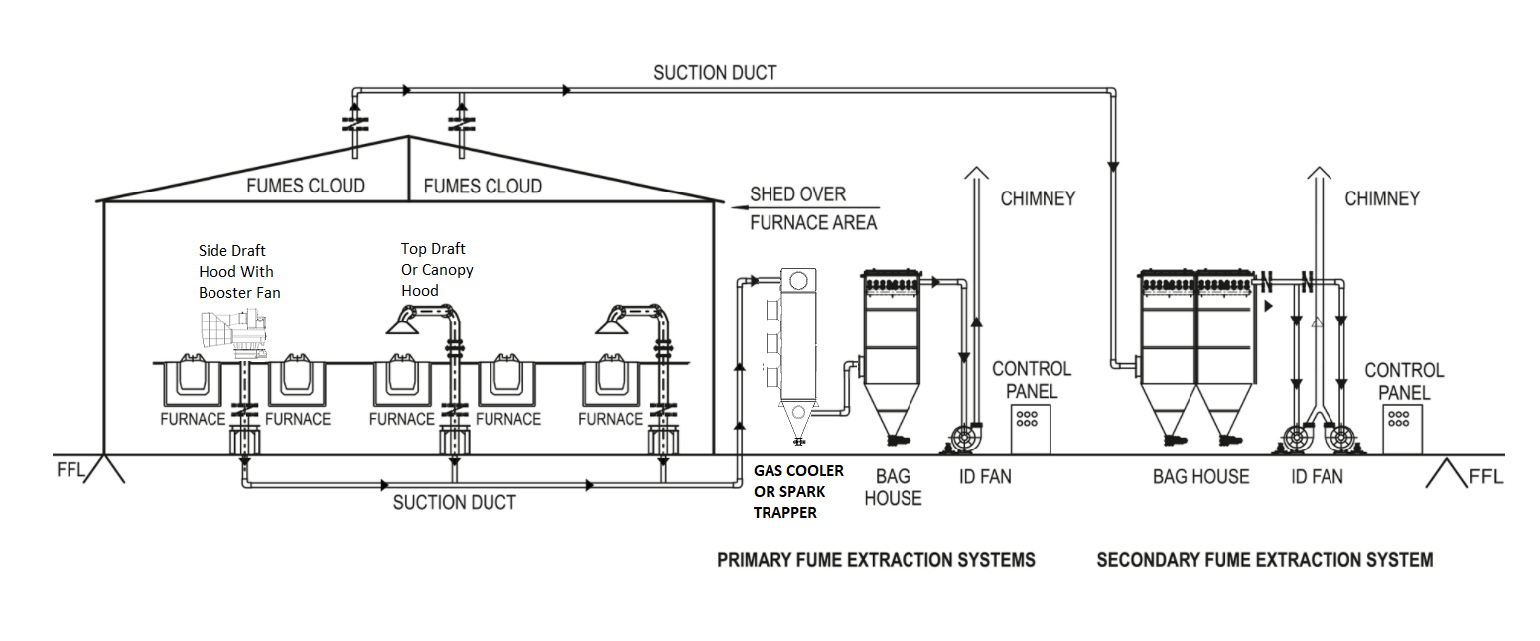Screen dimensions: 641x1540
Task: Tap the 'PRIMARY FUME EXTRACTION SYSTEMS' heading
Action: [x=876, y=560]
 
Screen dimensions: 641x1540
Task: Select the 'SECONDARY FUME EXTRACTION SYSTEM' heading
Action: [x=1264, y=560]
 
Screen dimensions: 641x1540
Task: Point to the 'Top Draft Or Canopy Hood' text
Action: [x=437, y=269]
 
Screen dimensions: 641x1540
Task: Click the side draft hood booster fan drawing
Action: [x=234, y=332]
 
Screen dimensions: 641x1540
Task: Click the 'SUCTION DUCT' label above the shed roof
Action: [x=715, y=73]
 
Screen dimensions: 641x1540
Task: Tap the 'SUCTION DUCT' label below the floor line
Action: [x=454, y=502]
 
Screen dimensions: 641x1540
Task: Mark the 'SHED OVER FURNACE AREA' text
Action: [x=812, y=208]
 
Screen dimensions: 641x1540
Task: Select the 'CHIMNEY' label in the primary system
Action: [x=1038, y=198]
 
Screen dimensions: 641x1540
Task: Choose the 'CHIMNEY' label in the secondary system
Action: [x=1381, y=198]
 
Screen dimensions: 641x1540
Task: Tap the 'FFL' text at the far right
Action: [x=1484, y=477]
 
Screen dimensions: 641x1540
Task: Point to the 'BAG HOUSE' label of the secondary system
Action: [x=1200, y=477]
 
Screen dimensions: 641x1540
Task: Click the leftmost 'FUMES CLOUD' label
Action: [x=306, y=186]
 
